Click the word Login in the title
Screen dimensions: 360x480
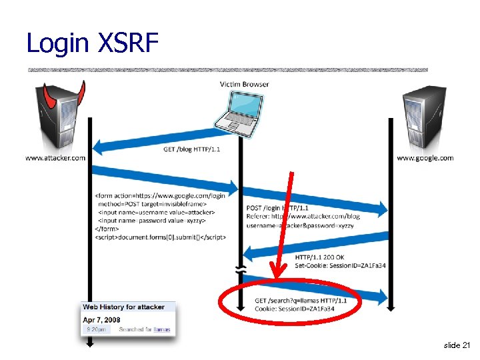coord(57,44)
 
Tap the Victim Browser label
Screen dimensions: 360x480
coord(244,84)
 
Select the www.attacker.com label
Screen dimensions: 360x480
coord(55,158)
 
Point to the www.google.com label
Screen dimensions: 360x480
coord(425,158)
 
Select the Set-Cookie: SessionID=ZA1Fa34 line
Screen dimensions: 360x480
coord(340,265)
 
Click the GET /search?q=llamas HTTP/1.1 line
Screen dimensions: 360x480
coord(301,301)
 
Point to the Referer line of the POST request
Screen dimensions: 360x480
coord(303,216)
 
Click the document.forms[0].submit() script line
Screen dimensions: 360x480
coord(160,237)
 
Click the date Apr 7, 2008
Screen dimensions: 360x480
coord(102,319)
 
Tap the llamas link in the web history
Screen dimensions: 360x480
coord(161,329)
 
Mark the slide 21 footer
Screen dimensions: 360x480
coord(456,345)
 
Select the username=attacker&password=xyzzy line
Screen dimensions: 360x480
coord(300,225)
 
